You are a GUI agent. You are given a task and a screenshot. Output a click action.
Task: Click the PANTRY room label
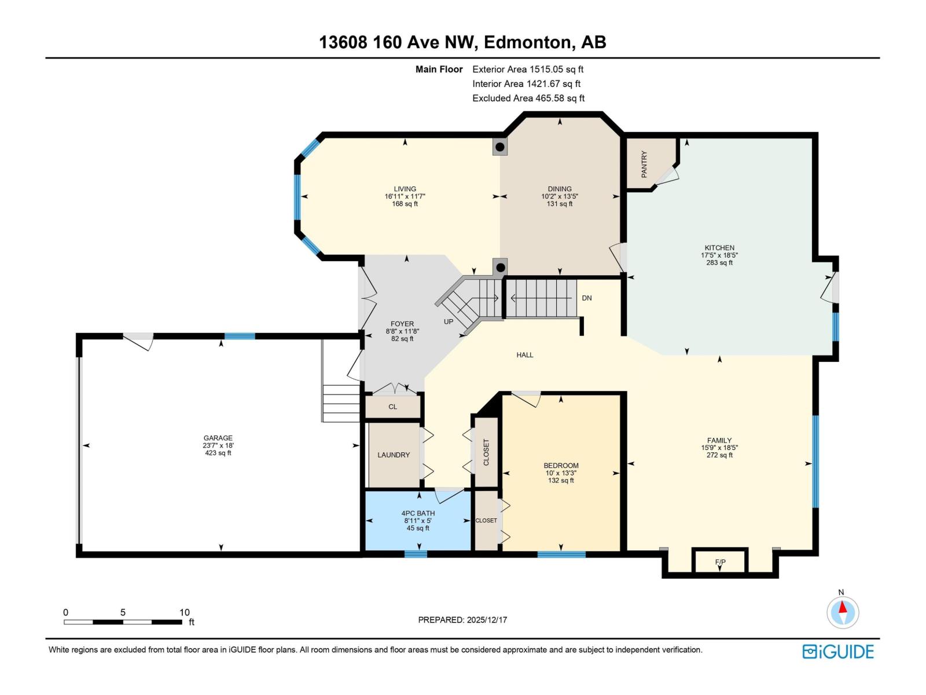point(644,164)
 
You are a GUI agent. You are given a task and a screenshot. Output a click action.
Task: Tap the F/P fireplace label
point(720,562)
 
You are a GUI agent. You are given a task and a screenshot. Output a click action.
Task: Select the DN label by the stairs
point(587,298)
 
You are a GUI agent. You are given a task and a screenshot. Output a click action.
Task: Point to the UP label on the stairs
point(449,321)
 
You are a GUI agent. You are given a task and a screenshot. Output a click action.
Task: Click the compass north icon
point(843,612)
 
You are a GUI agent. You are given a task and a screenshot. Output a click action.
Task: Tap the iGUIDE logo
point(837,652)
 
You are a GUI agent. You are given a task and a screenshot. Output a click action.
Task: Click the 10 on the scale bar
point(184,612)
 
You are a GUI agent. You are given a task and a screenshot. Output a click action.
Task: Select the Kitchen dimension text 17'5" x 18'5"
point(719,255)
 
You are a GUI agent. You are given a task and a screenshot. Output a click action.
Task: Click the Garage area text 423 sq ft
point(218,453)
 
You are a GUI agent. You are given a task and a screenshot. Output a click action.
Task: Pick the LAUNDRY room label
point(394,455)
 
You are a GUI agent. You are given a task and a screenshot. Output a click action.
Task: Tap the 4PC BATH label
point(418,513)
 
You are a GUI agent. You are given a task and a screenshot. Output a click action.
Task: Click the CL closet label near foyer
point(392,407)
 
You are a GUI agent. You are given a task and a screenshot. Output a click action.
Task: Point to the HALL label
point(525,355)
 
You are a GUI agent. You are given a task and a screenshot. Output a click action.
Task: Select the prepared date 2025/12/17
point(486,620)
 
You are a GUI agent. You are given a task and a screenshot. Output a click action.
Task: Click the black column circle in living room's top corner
point(500,147)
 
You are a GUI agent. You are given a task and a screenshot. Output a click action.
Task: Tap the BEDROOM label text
point(561,466)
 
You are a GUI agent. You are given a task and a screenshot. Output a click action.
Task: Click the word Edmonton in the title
point(527,42)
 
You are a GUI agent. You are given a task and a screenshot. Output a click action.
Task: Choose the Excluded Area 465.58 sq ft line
point(528,98)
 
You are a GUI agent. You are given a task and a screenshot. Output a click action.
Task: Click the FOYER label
point(402,324)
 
